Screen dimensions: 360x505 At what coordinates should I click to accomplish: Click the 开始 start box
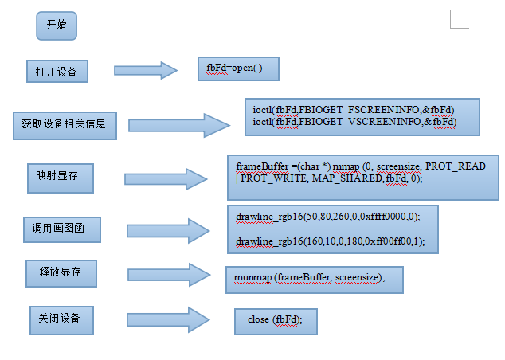coord(57,25)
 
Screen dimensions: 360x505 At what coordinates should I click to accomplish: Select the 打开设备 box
coord(56,72)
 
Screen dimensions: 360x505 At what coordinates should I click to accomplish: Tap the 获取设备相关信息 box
coord(65,124)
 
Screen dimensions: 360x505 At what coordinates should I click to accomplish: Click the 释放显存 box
coord(61,274)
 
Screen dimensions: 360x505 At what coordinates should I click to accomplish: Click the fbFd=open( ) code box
coord(238,68)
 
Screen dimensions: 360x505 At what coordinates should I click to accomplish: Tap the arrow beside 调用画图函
coord(167,231)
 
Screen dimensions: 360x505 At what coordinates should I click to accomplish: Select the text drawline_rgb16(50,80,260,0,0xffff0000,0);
coord(327,217)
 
